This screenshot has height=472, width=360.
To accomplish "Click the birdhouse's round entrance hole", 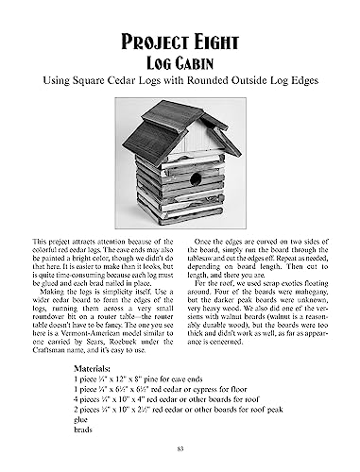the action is tap(196, 178).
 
